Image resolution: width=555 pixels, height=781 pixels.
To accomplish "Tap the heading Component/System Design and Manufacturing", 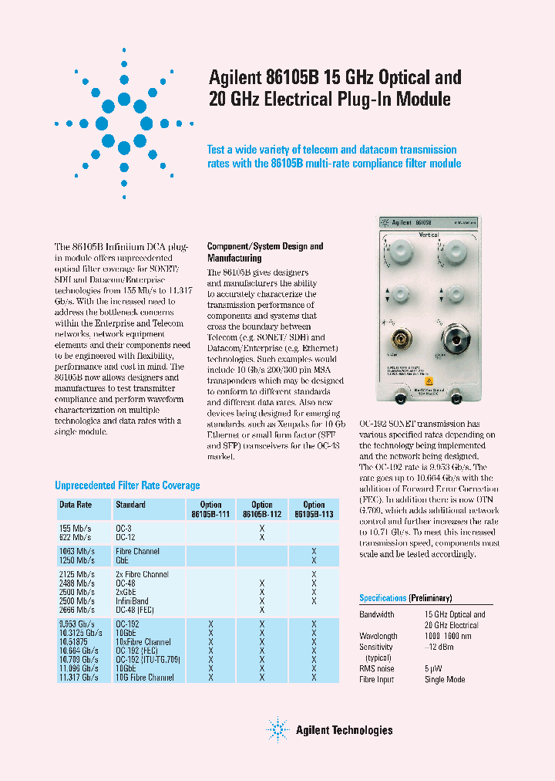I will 265,252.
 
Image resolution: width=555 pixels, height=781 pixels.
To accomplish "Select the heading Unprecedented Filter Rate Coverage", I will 127,485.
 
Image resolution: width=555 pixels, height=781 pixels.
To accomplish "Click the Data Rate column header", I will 76,505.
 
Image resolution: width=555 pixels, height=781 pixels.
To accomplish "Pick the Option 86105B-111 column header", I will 210,509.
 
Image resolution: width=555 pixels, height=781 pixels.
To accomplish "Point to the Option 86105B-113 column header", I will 314,509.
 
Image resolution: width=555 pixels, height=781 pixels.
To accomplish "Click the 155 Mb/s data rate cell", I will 75,528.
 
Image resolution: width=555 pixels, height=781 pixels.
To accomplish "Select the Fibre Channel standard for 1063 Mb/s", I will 137,551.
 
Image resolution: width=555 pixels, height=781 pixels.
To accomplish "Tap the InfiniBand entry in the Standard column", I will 132,600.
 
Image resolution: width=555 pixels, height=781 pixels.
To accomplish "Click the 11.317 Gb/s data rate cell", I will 79,677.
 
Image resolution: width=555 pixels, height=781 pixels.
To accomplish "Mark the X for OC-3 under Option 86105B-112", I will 262,528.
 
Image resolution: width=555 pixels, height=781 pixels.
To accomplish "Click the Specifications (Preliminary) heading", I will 405,598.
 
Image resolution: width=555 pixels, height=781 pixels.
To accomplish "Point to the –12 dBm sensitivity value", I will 438,647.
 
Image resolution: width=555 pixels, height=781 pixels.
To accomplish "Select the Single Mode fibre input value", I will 445,679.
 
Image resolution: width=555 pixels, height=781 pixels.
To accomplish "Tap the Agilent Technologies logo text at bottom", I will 344,730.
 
